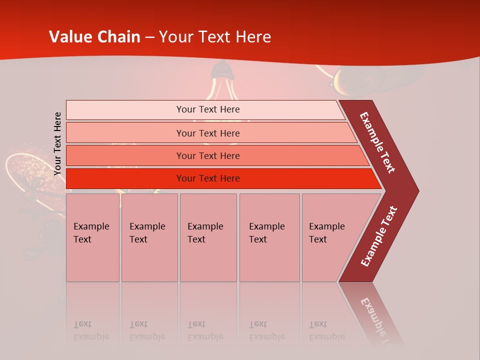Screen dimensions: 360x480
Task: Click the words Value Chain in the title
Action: coord(95,37)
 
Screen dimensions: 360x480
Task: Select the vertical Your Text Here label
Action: coord(57,143)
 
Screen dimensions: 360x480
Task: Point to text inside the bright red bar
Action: coord(208,178)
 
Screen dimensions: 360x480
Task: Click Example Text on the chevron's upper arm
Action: coord(377,142)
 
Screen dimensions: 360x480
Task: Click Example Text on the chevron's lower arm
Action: coord(379,236)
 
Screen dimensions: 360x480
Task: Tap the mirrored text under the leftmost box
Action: coord(91,330)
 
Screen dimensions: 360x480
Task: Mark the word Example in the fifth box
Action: coord(326,226)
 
